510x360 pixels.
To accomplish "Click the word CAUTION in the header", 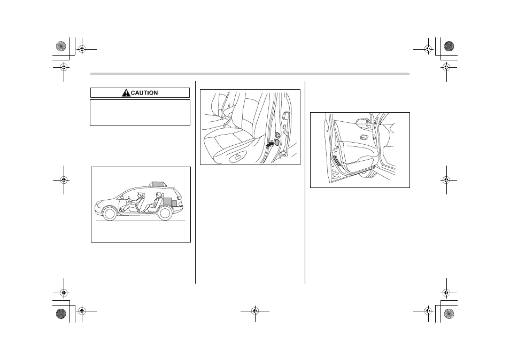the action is click(x=144, y=93).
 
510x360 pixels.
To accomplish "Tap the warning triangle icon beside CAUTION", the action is click(x=126, y=93).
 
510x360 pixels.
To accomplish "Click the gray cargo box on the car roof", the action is click(x=158, y=184).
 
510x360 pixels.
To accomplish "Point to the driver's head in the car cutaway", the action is click(x=141, y=194).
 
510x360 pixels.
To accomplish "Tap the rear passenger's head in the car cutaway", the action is click(x=159, y=195).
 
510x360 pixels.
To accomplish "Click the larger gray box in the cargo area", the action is click(x=167, y=202).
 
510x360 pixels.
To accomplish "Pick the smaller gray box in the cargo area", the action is click(x=174, y=204).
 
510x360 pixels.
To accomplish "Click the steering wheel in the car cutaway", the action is click(x=129, y=198).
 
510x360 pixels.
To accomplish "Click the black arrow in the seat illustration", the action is click(x=270, y=144).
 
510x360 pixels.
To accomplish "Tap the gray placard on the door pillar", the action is click(x=277, y=142).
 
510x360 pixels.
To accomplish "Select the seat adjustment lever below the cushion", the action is click(x=237, y=158).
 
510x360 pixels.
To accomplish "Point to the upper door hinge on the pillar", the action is click(x=285, y=116).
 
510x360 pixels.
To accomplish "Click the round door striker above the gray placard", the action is click(x=277, y=135).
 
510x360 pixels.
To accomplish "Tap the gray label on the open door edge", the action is click(x=337, y=161).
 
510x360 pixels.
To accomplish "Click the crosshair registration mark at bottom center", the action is click(x=256, y=311).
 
